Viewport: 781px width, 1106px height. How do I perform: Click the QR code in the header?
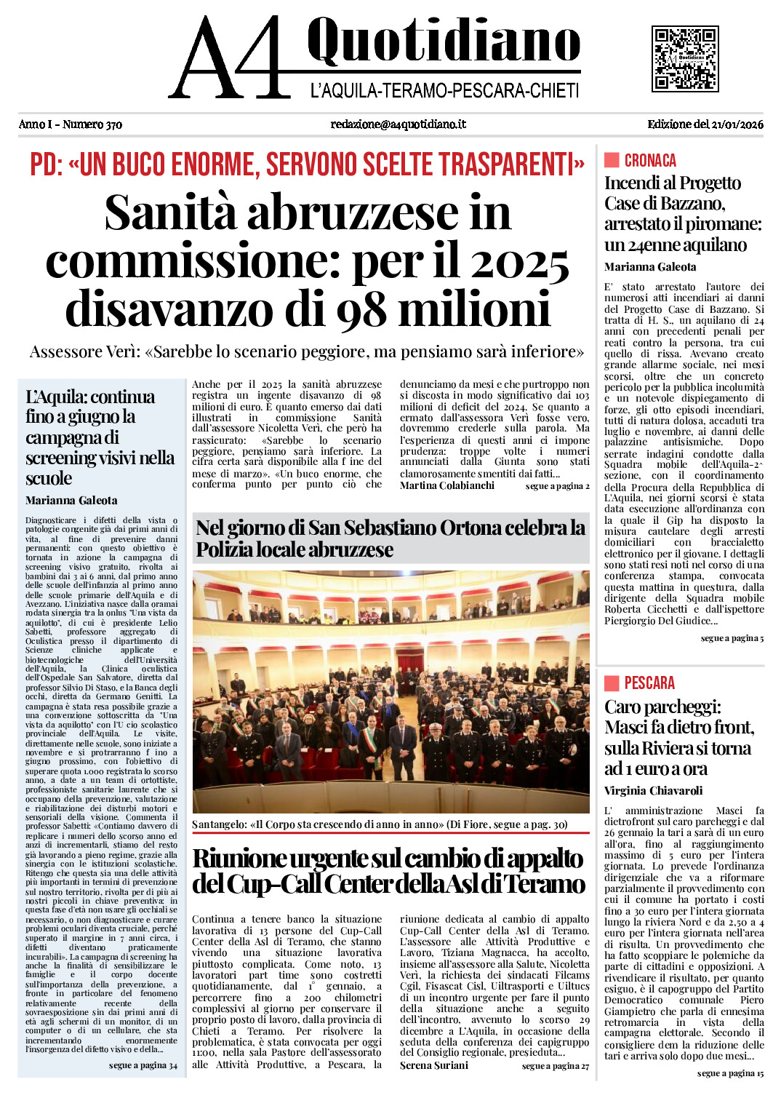click(685, 59)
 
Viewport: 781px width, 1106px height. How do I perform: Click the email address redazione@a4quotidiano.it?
click(398, 124)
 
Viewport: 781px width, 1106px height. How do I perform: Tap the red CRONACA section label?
click(650, 161)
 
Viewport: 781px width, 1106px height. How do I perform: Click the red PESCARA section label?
click(649, 683)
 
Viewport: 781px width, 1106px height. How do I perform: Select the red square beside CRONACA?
click(612, 160)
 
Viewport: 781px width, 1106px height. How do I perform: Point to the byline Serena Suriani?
click(434, 1065)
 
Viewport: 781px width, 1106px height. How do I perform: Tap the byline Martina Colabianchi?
click(447, 485)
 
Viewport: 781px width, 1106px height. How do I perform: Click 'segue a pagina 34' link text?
click(143, 1065)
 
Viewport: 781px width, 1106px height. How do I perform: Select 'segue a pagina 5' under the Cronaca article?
click(732, 638)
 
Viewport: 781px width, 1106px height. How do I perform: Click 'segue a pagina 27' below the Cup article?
click(556, 1066)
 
